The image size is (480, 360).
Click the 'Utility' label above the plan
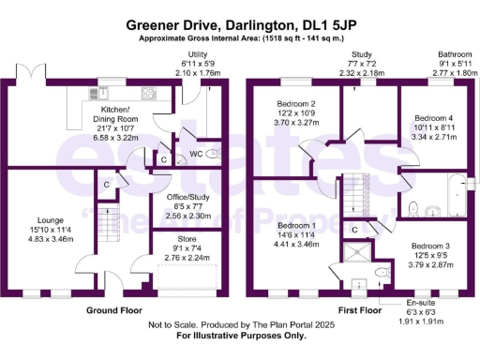(x=197, y=54)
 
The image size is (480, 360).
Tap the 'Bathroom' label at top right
(x=457, y=54)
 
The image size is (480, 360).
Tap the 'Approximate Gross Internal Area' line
(x=240, y=38)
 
